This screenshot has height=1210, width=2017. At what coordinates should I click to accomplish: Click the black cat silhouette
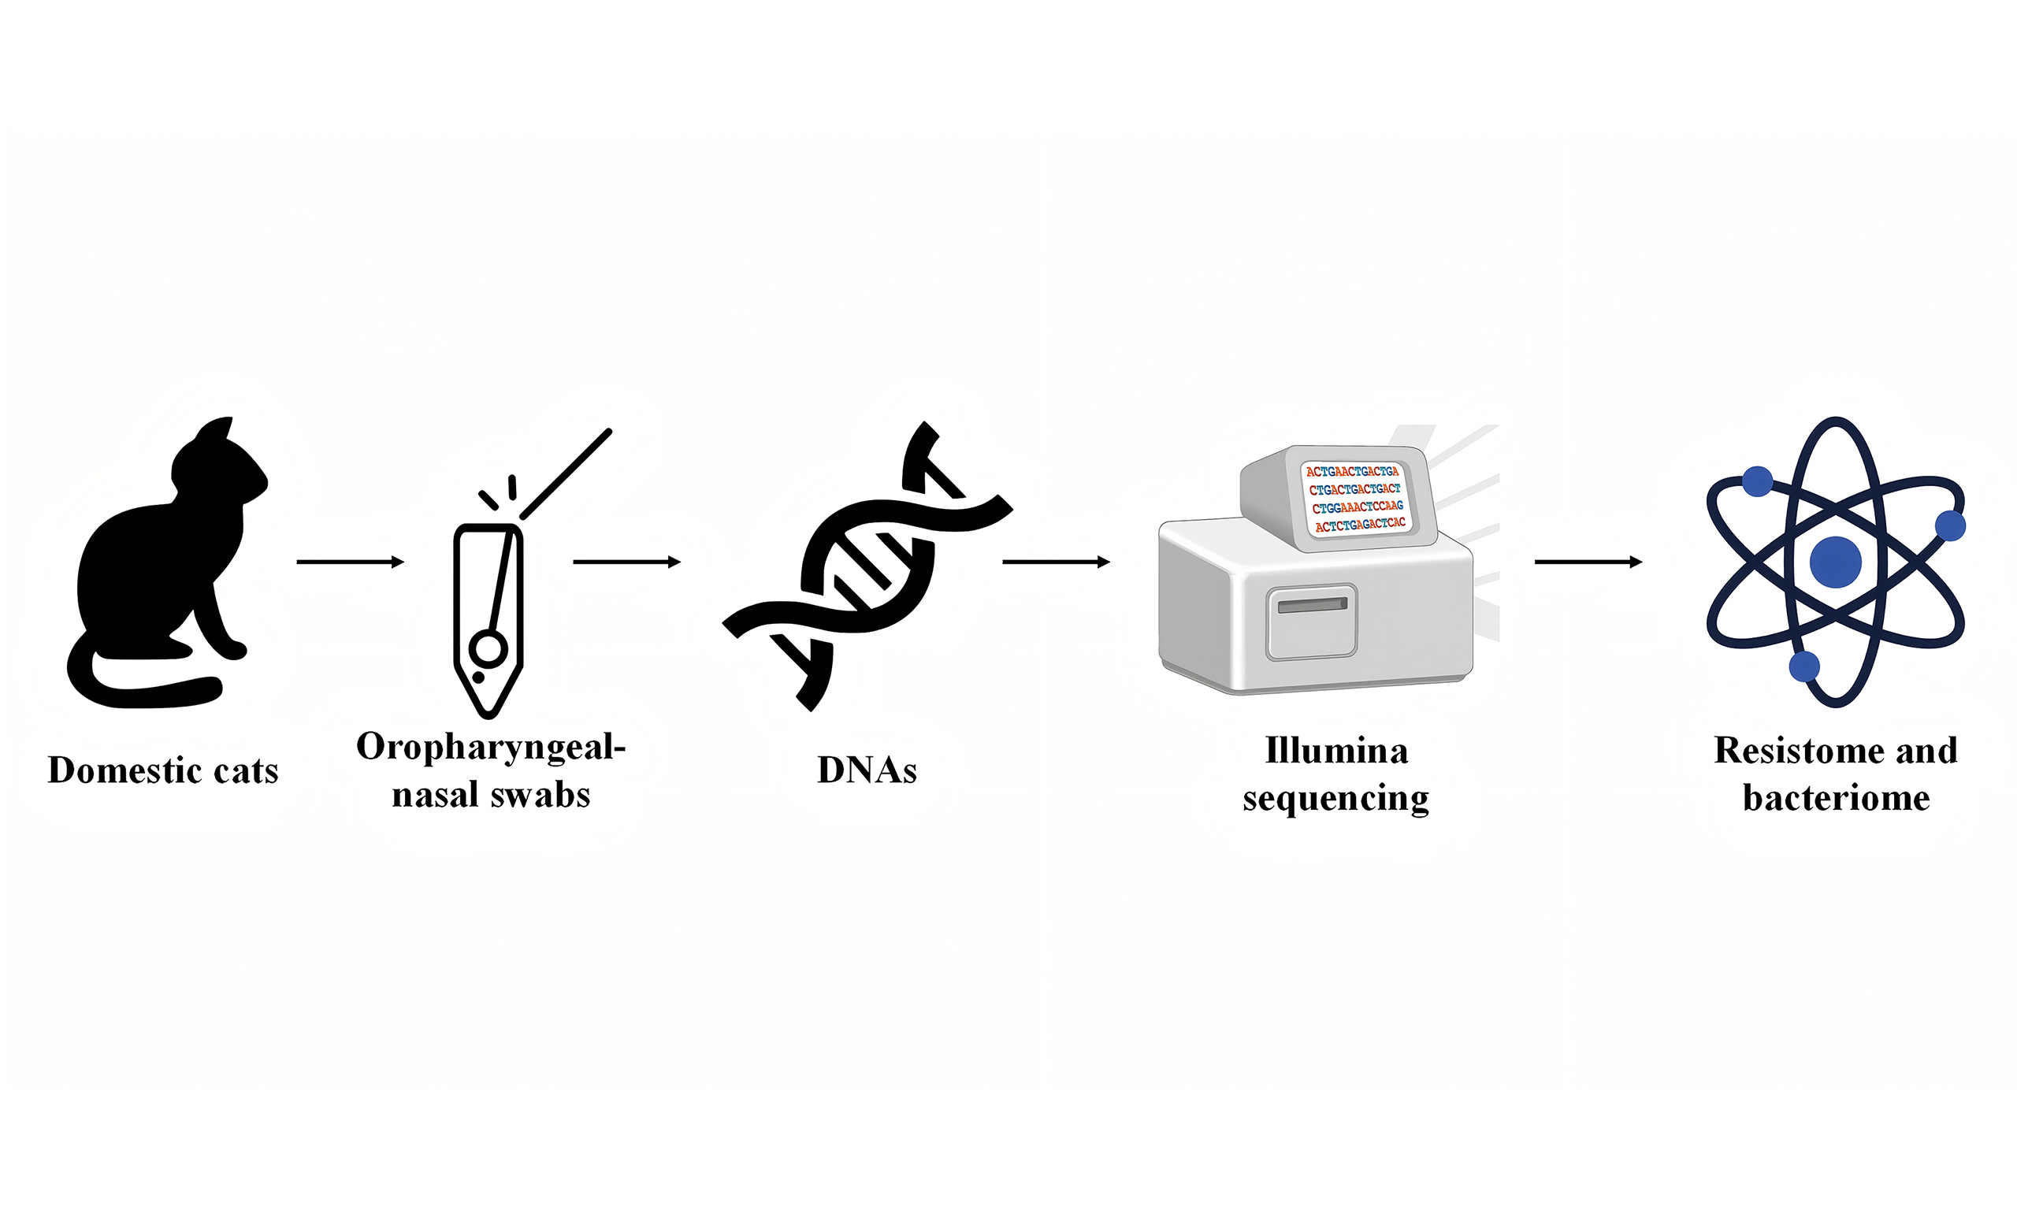pyautogui.click(x=155, y=571)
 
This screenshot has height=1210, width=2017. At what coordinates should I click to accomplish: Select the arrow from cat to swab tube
pyautogui.click(x=351, y=562)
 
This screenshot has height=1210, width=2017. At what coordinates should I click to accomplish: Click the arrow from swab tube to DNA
pyautogui.click(x=627, y=562)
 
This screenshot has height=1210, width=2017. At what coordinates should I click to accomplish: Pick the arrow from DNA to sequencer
pyautogui.click(x=1057, y=562)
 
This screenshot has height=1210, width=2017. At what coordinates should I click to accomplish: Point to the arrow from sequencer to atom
pyautogui.click(x=1589, y=562)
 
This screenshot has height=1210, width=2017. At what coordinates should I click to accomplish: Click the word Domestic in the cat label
pyautogui.click(x=121, y=770)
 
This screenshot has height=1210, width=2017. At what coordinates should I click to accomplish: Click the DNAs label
pyautogui.click(x=867, y=770)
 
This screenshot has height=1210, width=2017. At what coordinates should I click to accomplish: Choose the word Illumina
pyautogui.click(x=1336, y=751)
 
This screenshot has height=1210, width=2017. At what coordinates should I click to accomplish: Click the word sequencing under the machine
pyautogui.click(x=1336, y=798)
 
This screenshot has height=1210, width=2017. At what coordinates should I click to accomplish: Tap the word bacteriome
pyautogui.click(x=1836, y=797)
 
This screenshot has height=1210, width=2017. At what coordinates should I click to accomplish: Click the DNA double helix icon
pyautogui.click(x=867, y=566)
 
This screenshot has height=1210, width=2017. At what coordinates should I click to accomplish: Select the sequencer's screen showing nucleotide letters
pyautogui.click(x=1355, y=498)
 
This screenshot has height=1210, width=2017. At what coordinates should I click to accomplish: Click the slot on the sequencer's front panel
pyautogui.click(x=1313, y=605)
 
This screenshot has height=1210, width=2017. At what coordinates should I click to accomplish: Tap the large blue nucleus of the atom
pyautogui.click(x=1836, y=562)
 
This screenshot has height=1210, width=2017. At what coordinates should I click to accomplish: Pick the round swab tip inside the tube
pyautogui.click(x=488, y=649)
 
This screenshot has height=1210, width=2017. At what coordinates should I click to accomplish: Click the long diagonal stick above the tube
pyautogui.click(x=566, y=473)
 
